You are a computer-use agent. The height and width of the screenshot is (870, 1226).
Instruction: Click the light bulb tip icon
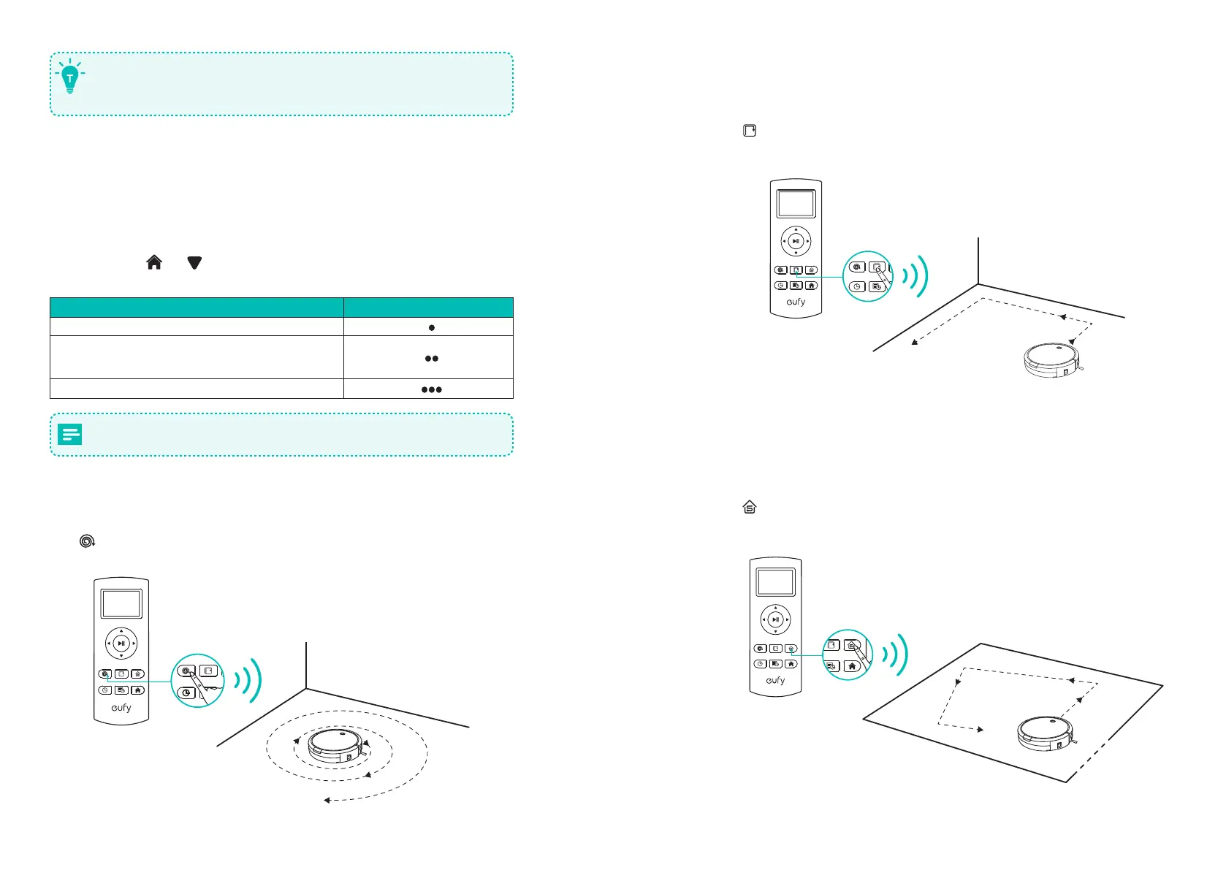click(70, 76)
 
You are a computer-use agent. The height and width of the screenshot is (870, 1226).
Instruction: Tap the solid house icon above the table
click(154, 263)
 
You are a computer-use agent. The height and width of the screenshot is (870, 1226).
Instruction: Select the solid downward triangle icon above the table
click(194, 263)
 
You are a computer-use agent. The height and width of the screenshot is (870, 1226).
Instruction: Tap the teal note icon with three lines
click(70, 435)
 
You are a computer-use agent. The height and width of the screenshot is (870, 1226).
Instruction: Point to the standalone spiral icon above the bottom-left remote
click(87, 541)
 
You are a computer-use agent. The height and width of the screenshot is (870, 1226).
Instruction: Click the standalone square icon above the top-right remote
click(750, 131)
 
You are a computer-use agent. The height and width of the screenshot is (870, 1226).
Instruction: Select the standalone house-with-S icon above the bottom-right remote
click(750, 507)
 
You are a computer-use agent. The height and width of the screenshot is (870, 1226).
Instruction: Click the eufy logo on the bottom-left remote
click(121, 708)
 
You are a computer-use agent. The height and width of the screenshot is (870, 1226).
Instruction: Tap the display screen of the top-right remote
click(796, 204)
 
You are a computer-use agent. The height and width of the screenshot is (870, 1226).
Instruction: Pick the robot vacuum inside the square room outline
click(1045, 733)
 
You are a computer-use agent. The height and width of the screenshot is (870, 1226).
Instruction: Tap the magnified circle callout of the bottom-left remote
click(197, 681)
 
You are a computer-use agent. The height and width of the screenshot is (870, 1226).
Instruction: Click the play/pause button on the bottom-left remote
click(121, 644)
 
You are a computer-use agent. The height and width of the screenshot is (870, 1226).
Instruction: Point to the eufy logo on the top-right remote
click(796, 302)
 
